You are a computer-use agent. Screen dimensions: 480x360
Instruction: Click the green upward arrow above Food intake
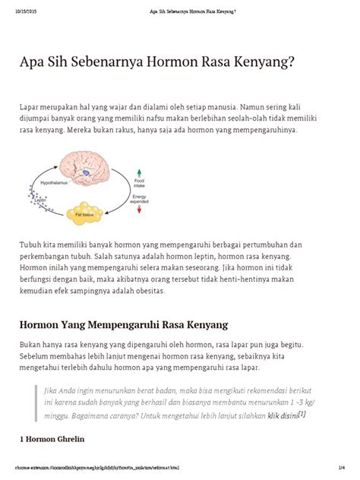(x=139, y=172)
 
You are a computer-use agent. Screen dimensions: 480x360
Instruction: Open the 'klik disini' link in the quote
(x=282, y=415)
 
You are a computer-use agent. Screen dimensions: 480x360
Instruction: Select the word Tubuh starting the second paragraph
(x=31, y=245)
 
